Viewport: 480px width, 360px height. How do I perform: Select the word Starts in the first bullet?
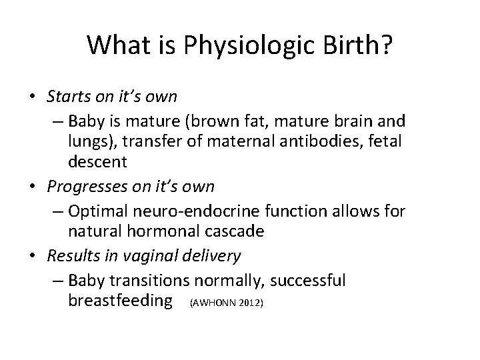65,97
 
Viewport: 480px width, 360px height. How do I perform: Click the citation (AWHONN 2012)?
227,303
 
